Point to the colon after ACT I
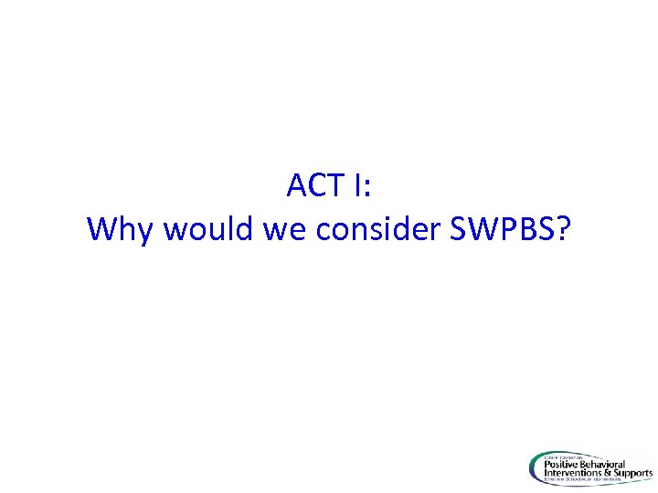[367, 190]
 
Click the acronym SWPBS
[501, 229]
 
